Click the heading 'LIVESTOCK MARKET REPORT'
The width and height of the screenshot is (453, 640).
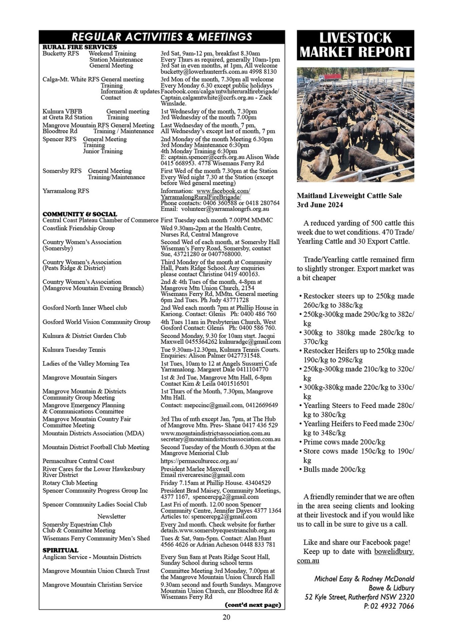pyautogui.click(x=355, y=45)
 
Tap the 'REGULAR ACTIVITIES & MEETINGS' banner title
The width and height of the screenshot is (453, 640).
pyautogui.click(x=162, y=37)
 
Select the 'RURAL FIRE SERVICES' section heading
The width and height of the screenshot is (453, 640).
pyautogui.click(x=80, y=47)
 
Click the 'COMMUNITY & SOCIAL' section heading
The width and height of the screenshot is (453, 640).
pyautogui.click(x=80, y=214)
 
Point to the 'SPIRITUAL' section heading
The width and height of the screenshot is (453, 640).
pyautogui.click(x=60, y=550)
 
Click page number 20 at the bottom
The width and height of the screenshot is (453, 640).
pyautogui.click(x=226, y=617)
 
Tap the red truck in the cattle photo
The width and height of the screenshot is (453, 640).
pyautogui.click(x=330, y=77)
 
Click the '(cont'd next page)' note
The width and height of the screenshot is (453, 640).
pyautogui.click(x=253, y=605)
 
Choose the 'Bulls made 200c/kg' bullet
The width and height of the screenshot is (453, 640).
pyautogui.click(x=334, y=469)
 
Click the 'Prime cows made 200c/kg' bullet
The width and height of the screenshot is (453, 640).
pyautogui.click(x=344, y=442)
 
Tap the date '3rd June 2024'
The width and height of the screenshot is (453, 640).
pyautogui.click(x=320, y=205)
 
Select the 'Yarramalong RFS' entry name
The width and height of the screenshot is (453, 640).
pyautogui.click(x=66, y=191)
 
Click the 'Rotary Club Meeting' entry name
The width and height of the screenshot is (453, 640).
pyautogui.click(x=70, y=483)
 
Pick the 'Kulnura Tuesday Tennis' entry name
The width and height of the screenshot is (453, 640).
pyautogui.click(x=74, y=350)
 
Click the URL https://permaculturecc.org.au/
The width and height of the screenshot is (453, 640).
pyautogui.click(x=199, y=461)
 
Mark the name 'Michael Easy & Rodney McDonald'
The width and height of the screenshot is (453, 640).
pyautogui.click(x=364, y=579)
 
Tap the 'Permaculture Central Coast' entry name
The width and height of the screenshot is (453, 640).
pyautogui.click(x=78, y=461)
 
